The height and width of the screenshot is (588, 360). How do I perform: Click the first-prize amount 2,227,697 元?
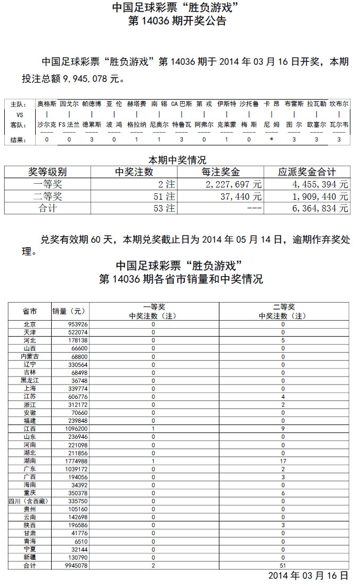[234, 184]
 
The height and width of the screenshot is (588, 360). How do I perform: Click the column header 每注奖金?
[220, 172]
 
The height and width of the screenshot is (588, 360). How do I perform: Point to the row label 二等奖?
[47, 197]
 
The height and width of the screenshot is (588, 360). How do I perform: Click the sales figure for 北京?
[78, 324]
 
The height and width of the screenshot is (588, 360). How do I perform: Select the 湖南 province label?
[30, 461]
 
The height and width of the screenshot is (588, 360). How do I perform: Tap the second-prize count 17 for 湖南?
[283, 461]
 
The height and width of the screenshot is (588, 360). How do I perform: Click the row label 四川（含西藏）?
[29, 501]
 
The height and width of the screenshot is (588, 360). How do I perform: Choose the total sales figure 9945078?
[76, 566]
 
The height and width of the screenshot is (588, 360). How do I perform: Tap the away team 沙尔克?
[46, 125]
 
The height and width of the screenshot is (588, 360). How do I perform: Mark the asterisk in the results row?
[272, 140]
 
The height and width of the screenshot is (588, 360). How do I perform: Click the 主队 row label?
[18, 104]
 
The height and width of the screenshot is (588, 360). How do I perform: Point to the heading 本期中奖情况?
[177, 160]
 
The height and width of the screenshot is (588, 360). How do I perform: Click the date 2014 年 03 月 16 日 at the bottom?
[308, 576]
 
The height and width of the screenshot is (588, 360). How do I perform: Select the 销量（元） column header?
[69, 311]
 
